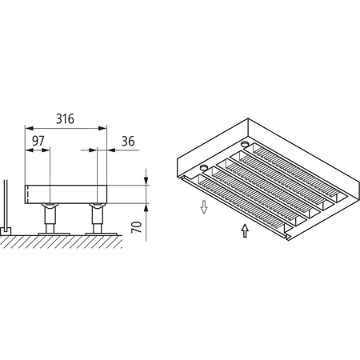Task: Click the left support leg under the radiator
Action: (x=50, y=217)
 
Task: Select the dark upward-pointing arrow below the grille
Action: (x=244, y=231)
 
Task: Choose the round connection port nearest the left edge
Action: (x=204, y=167)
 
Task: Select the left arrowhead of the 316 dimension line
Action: (x=30, y=127)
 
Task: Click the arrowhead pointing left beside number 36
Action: (x=110, y=149)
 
